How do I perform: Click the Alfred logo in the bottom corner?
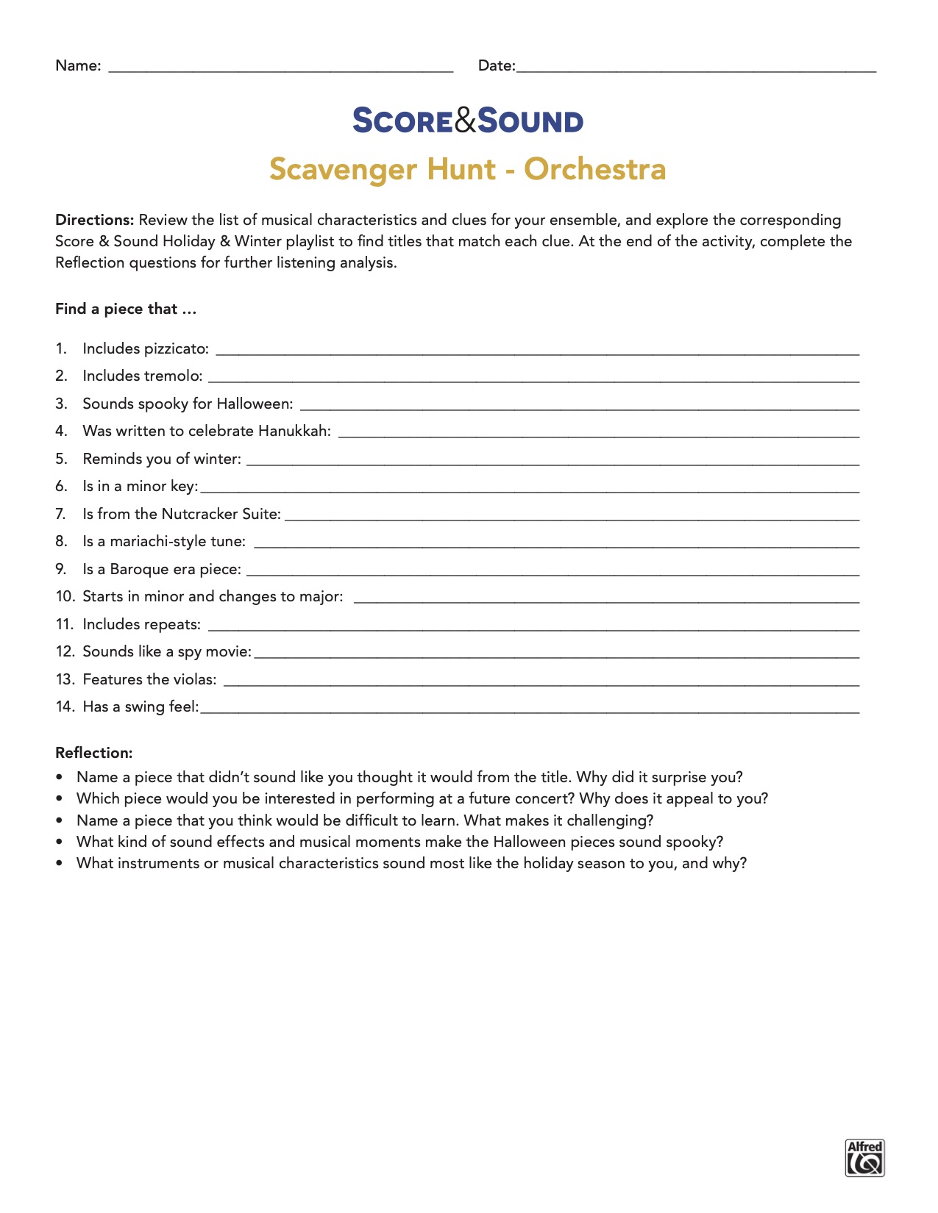[864, 1158]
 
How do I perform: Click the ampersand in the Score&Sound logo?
[466, 121]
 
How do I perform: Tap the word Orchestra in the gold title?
[594, 169]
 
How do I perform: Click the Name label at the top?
[77, 65]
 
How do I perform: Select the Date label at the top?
[496, 65]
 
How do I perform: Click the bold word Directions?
[94, 220]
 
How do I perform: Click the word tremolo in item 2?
[173, 376]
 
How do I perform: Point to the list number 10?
[65, 596]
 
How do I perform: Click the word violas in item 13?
[195, 679]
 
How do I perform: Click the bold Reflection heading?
[93, 753]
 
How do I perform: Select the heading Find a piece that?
[125, 309]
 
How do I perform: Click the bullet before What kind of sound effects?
[60, 842]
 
